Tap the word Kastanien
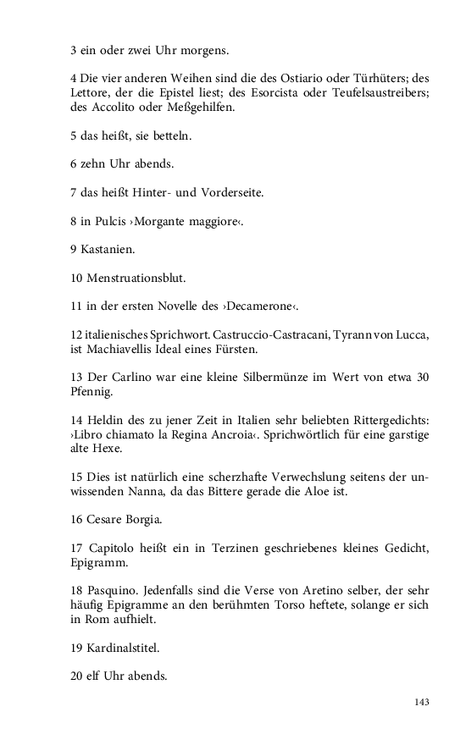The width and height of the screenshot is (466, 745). pyautogui.click(x=109, y=250)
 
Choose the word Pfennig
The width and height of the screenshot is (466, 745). pyautogui.click(x=92, y=391)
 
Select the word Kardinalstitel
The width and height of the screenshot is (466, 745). pyautogui.click(x=122, y=649)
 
